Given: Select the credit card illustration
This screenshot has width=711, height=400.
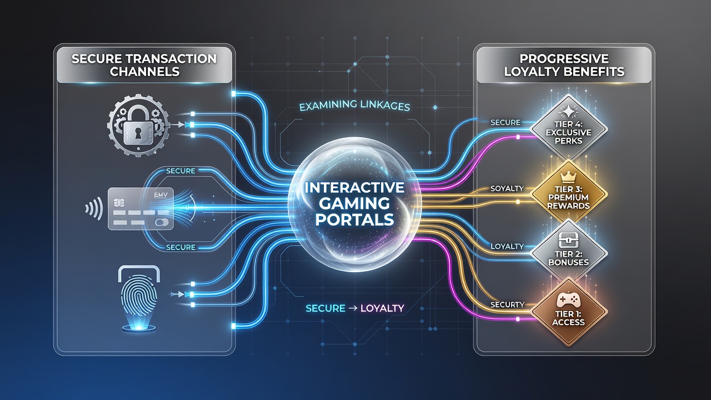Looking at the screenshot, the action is click(x=141, y=208).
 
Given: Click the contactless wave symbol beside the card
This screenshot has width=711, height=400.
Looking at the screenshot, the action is click(x=94, y=208).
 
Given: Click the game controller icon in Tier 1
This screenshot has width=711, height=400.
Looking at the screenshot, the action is click(x=568, y=299).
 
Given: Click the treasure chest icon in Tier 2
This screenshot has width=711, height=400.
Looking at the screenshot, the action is click(x=568, y=240).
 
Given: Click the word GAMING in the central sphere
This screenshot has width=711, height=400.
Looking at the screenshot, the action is click(x=354, y=203).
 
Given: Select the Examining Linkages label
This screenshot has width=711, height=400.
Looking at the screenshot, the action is click(x=354, y=106).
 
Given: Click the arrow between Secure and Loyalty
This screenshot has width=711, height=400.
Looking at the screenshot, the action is click(x=353, y=308).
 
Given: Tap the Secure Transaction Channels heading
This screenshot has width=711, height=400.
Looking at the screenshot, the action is click(x=144, y=65).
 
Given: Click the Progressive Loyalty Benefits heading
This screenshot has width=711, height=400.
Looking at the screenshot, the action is click(x=564, y=65).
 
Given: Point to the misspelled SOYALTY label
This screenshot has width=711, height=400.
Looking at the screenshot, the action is click(x=507, y=188).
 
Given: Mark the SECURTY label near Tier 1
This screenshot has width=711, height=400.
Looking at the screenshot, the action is click(x=507, y=305).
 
